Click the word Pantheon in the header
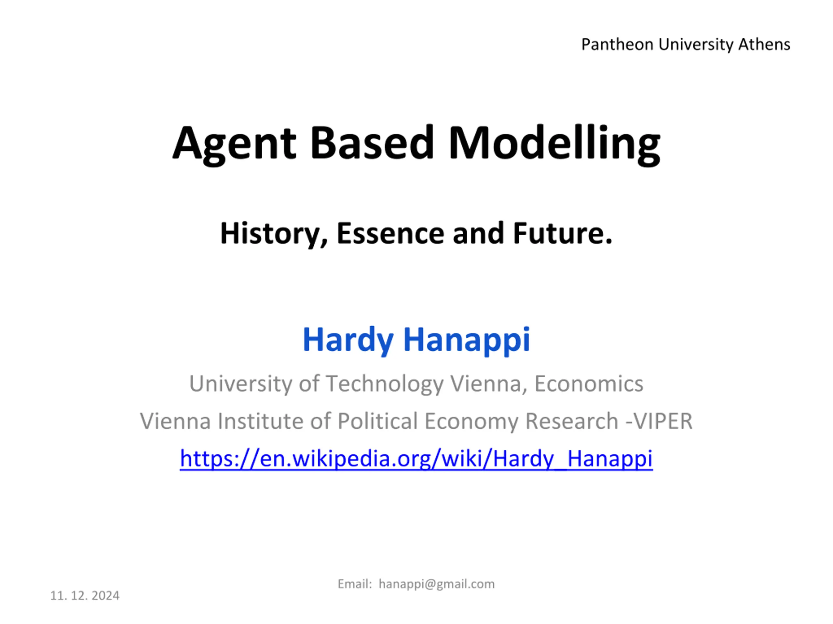[x=617, y=45]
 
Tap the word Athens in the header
[x=764, y=45]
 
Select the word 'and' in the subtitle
[x=478, y=233]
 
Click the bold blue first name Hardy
[x=348, y=340]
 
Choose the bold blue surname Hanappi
[x=467, y=340]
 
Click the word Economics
[x=589, y=383]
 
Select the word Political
[x=378, y=421]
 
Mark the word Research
[x=572, y=421]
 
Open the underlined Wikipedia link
[x=416, y=459]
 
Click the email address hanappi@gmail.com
[x=436, y=584]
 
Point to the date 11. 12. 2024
[x=85, y=596]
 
